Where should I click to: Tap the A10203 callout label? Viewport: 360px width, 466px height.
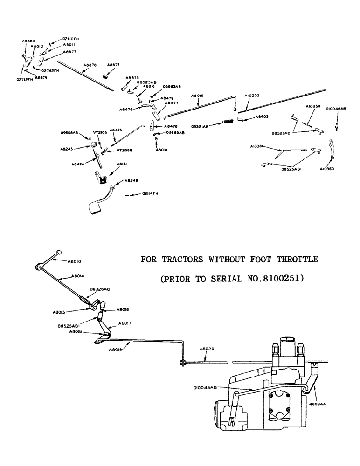[x=246, y=95]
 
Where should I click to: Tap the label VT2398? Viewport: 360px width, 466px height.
[x=125, y=151]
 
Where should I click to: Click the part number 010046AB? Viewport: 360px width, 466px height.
[x=336, y=109]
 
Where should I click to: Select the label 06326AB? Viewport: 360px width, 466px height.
[x=100, y=289]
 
